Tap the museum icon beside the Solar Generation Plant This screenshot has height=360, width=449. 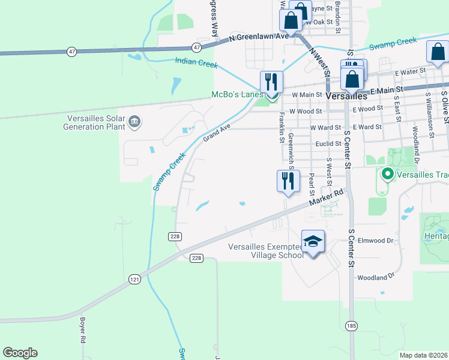tap(134, 123)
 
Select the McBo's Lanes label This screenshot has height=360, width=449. tap(237, 95)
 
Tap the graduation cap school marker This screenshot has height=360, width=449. tap(313, 242)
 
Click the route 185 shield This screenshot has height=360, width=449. tap(352, 325)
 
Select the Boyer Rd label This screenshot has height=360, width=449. tap(82, 330)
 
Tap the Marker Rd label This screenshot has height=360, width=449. tap(326, 200)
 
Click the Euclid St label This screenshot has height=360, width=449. tap(328, 144)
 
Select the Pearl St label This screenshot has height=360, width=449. tap(311, 185)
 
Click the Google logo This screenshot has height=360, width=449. tap(20, 353)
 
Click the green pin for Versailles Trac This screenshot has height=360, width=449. tap(388, 175)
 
